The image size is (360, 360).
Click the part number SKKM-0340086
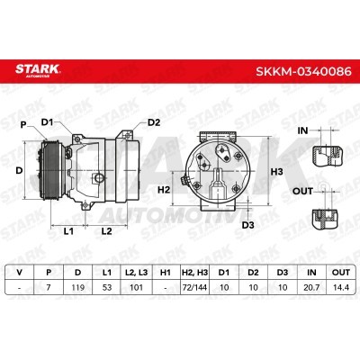pyautogui.click(x=303, y=72)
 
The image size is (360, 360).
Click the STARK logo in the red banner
pyautogui.click(x=38, y=70)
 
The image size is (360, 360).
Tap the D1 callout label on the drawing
pyautogui.click(x=47, y=122)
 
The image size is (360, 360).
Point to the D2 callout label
pyautogui.click(x=154, y=122)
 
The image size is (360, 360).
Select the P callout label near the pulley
pyautogui.click(x=23, y=124)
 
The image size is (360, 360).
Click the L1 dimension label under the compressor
pyautogui.click(x=68, y=231)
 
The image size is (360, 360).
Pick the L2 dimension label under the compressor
pyautogui.click(x=106, y=231)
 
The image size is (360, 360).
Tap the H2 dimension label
pyautogui.click(x=164, y=190)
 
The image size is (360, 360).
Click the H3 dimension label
pyautogui.click(x=276, y=172)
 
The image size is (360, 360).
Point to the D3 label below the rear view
pyautogui.click(x=247, y=225)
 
